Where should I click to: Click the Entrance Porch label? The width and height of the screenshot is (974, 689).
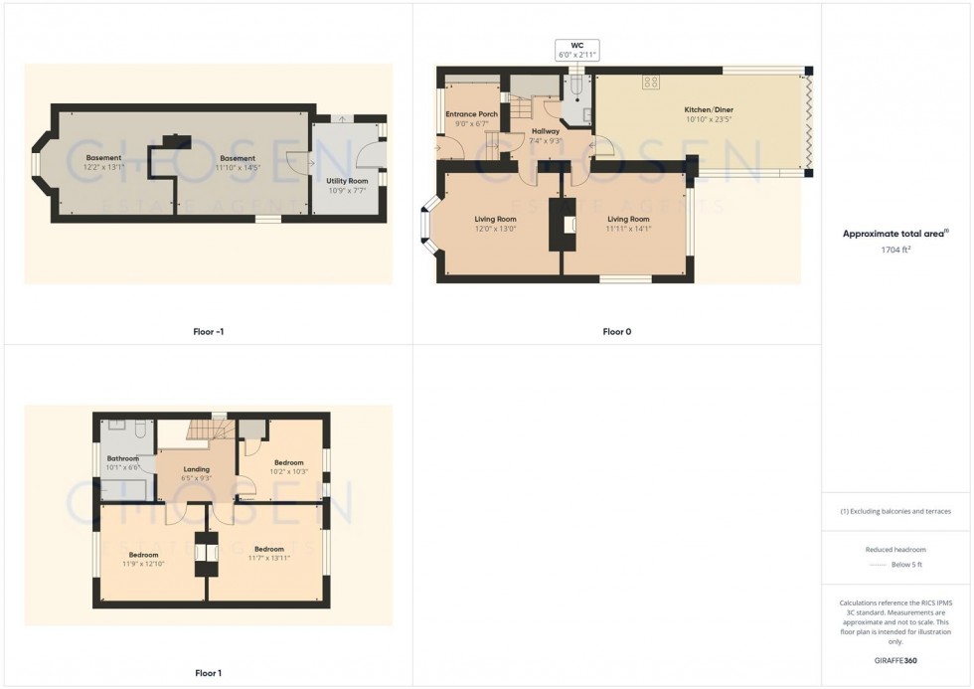471,114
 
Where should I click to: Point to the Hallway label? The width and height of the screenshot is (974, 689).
546,131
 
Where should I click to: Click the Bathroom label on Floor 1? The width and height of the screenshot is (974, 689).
123,458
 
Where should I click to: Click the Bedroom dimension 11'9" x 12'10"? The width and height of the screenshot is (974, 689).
143,564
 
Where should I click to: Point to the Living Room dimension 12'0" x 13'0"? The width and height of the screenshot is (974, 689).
493,228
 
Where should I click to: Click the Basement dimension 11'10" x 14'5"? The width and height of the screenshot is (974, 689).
238,167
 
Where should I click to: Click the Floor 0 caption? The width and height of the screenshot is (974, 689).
616,331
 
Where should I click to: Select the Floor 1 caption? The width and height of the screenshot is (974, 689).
208,673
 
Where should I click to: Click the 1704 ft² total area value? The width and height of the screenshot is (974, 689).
896,250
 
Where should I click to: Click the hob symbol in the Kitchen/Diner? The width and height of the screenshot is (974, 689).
652,83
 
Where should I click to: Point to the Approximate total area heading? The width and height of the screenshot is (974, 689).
894,234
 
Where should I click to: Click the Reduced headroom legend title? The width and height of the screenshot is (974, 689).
896,549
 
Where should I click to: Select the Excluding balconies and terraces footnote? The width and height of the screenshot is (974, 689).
896,511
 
